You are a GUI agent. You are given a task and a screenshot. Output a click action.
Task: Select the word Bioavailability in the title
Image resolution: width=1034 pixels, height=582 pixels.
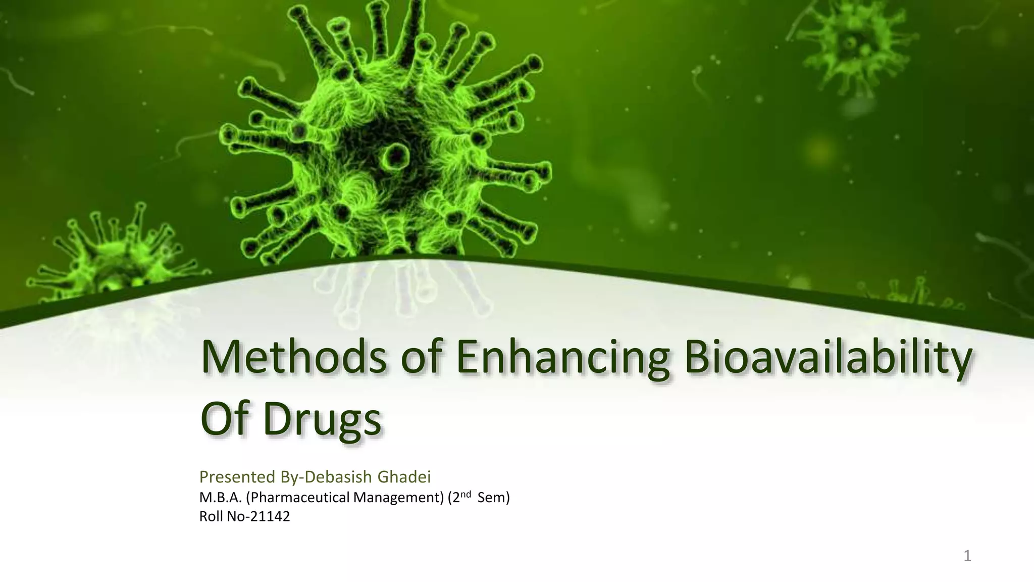tap(826, 359)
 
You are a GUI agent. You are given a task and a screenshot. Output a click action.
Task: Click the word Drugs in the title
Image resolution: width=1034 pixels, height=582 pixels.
tap(322, 420)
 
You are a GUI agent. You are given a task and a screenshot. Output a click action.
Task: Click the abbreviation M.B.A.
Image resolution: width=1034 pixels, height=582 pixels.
tap(221, 498)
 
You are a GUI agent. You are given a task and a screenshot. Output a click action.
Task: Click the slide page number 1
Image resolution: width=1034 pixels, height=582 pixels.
tap(967, 556)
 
